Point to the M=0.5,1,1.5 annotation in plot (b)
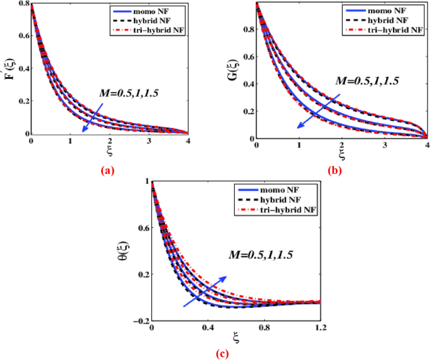(367, 81)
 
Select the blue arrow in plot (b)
(320, 111)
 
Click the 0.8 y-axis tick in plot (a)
(22, 4)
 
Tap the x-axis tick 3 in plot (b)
(384, 146)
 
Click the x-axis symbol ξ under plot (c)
(236, 339)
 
